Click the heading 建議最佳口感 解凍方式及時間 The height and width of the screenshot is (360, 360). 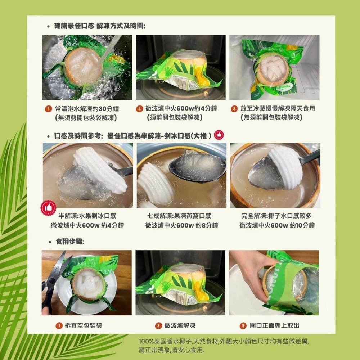click(x=100, y=26)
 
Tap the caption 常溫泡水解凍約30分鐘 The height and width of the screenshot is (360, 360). click(x=87, y=108)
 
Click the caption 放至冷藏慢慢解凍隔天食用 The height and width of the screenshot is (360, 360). click(x=278, y=108)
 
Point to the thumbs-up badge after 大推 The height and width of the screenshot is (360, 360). click(x=219, y=135)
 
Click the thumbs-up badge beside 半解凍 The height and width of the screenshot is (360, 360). click(x=48, y=208)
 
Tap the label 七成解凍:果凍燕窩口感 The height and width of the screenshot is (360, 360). click(x=179, y=216)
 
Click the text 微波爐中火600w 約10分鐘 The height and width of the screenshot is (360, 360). click(x=277, y=226)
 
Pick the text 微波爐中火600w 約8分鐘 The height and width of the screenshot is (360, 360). click(x=181, y=226)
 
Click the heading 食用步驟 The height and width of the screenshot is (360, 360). click(x=70, y=242)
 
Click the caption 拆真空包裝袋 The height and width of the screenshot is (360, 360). click(x=83, y=325)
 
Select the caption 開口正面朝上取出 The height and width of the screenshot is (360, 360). click(x=274, y=325)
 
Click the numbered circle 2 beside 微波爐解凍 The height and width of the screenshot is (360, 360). click(x=158, y=325)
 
